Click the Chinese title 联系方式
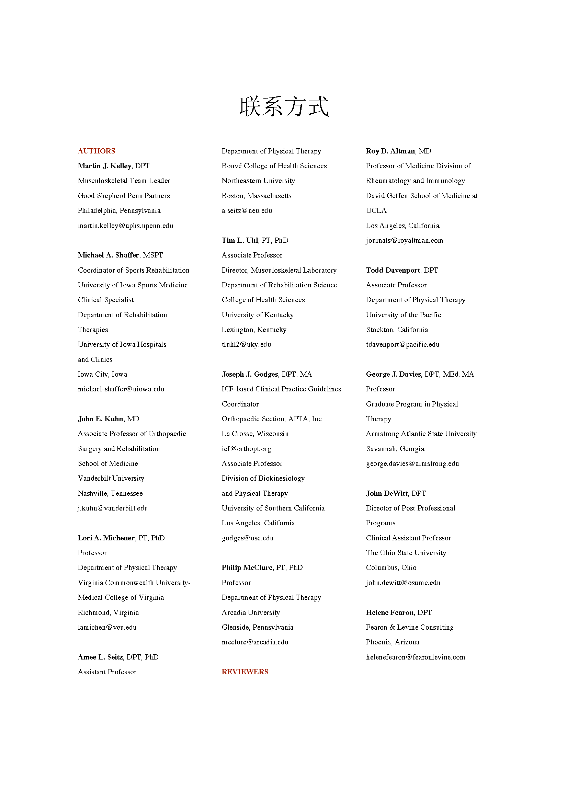[284, 106]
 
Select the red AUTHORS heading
[96, 151]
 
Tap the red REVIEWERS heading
[245, 672]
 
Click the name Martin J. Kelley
[105, 166]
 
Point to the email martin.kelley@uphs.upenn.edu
[126, 226]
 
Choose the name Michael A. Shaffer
[109, 255]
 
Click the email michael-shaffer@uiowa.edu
[121, 389]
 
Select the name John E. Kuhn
[100, 418]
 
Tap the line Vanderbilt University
[111, 478]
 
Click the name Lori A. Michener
[106, 538]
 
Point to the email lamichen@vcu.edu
[107, 627]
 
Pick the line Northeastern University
[258, 181]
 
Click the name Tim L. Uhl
[240, 240]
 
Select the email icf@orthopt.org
[246, 449]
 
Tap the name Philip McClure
[247, 567]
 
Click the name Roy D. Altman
[390, 151]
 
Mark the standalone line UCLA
[376, 210]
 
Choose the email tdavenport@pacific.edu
[402, 344]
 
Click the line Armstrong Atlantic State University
[421, 434]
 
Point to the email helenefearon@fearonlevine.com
[416, 657]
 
